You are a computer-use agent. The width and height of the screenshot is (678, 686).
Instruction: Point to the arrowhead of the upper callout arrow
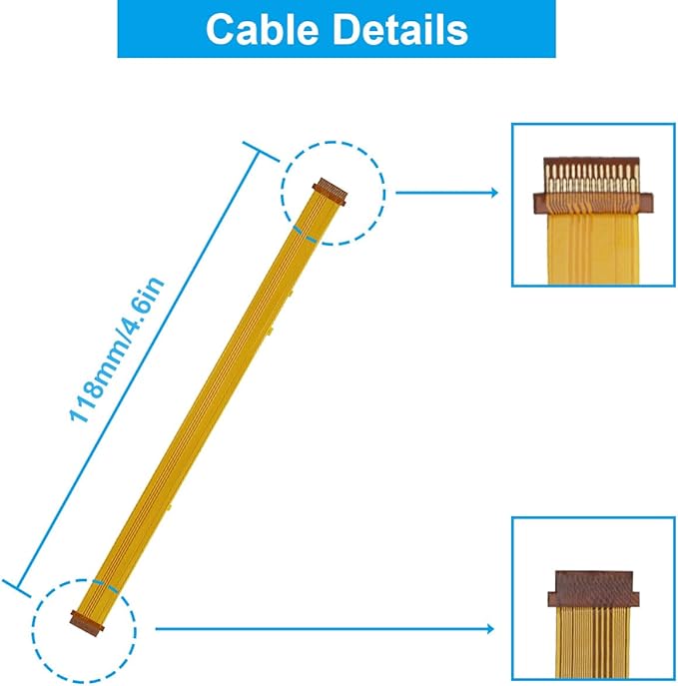(x=493, y=193)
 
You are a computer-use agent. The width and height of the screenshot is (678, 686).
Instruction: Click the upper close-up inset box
(x=593, y=205)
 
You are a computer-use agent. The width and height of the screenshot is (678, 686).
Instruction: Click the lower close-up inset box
(x=593, y=600)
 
